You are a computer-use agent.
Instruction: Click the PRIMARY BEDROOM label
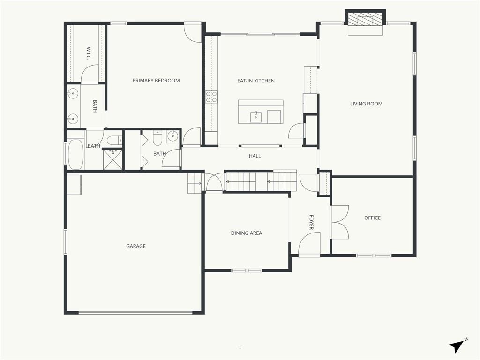pos(156,81)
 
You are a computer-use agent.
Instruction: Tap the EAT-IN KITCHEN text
pos(256,81)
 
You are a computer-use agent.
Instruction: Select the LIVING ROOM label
pos(366,104)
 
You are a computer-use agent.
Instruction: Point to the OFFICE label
pos(372,218)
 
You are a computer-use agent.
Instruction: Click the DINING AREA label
pos(247,233)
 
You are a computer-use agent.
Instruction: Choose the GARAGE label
pos(136,246)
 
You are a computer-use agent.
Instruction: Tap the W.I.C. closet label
pos(89,53)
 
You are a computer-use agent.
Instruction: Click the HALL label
pos(255,156)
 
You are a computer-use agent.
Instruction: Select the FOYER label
pos(311,222)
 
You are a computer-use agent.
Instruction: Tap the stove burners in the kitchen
pos(211,97)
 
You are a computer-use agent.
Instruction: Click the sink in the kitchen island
pos(255,117)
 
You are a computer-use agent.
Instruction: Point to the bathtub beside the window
pos(75,155)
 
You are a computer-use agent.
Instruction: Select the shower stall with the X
pos(112,159)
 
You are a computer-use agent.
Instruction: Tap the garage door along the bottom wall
pos(135,313)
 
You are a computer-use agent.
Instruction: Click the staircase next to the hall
pos(261,181)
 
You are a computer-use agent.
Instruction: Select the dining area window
pos(247,270)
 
